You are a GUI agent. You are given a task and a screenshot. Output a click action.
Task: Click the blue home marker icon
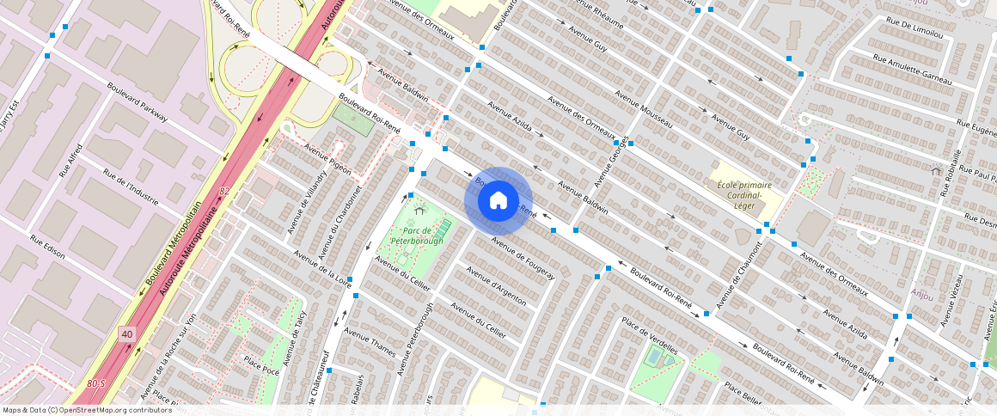click(498, 201)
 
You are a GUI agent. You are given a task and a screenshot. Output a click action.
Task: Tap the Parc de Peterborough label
click(417, 236)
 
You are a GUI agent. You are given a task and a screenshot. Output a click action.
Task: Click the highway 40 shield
click(127, 333)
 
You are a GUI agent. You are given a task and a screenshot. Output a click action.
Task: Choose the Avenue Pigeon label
click(327, 159)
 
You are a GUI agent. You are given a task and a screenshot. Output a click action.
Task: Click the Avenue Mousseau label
click(644, 107)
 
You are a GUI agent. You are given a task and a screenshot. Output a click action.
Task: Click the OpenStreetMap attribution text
click(88, 410)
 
